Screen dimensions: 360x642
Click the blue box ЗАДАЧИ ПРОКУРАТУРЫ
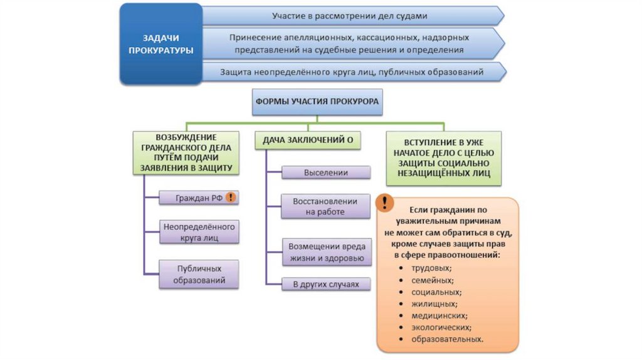(x=160, y=43)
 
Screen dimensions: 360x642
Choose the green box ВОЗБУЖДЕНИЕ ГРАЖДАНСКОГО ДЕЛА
(x=186, y=152)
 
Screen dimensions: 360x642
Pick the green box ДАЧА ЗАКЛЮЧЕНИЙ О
(x=308, y=141)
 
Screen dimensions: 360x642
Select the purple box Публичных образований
(x=199, y=274)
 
